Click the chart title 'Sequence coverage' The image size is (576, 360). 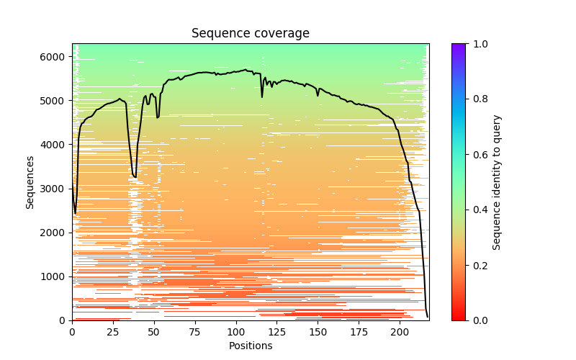tap(250, 34)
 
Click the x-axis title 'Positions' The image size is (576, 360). tap(250, 346)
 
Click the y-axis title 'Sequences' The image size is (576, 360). tap(30, 181)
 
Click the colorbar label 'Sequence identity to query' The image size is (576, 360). tap(497, 181)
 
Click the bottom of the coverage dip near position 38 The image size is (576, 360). tap(135, 177)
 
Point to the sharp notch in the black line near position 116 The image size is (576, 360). tap(262, 97)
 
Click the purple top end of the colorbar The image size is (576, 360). tap(458, 46)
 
